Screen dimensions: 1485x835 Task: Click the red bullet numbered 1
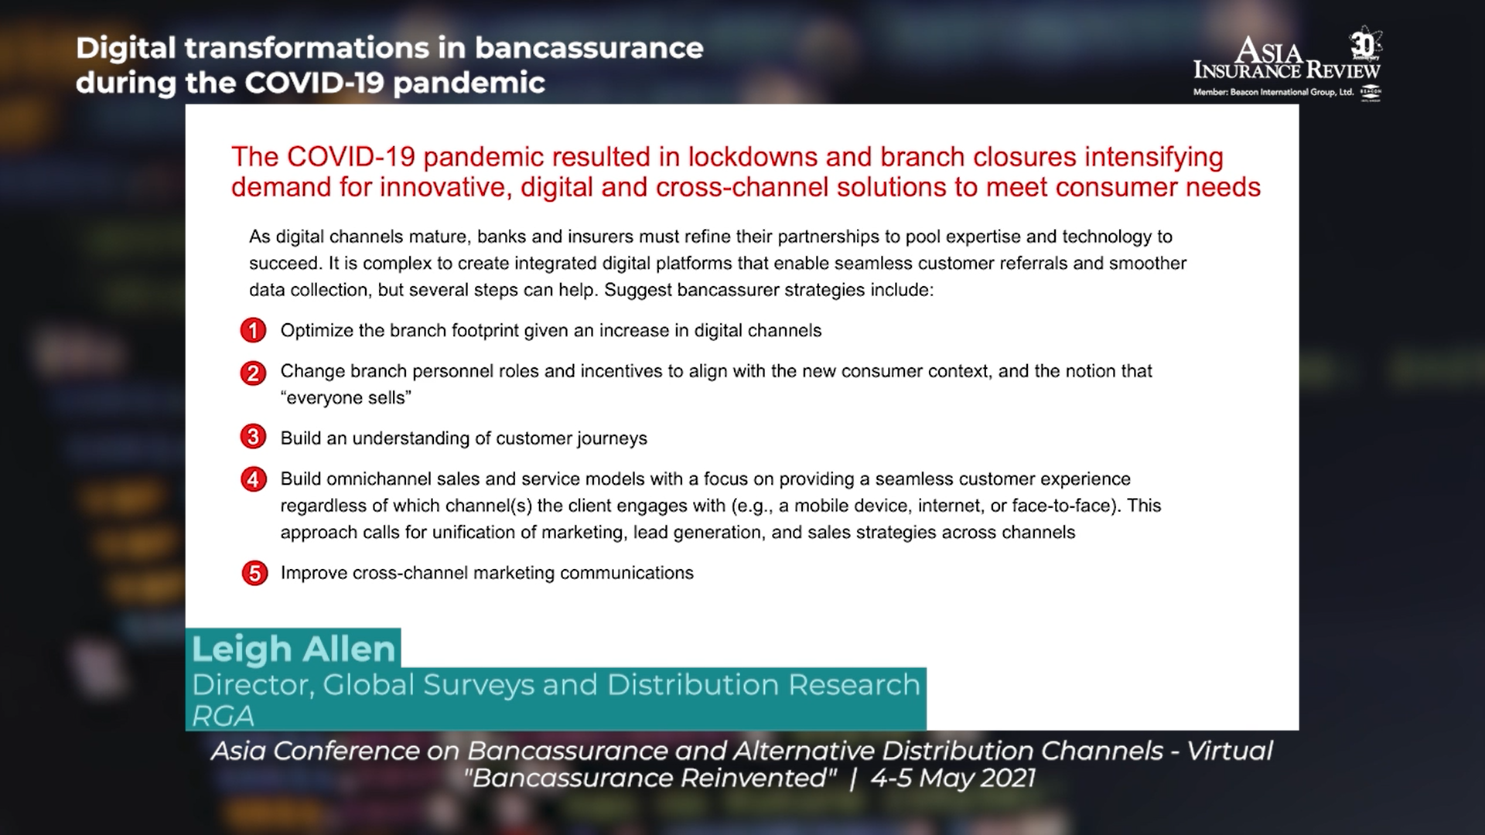pyautogui.click(x=253, y=331)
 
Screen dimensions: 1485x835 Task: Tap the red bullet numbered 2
pyautogui.click(x=253, y=373)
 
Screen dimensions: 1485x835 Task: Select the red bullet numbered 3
pyautogui.click(x=253, y=438)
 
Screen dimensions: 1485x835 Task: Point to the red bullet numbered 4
pyautogui.click(x=253, y=479)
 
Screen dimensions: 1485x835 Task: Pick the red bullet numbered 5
pyautogui.click(x=253, y=574)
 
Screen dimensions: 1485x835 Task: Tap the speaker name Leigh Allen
pyautogui.click(x=294, y=649)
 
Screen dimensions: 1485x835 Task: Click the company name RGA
pyautogui.click(x=223, y=716)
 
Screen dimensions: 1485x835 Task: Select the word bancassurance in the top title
pyautogui.click(x=589, y=48)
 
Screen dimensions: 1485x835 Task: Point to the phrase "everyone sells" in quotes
pyautogui.click(x=345, y=397)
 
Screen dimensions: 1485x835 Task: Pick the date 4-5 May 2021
pyautogui.click(x=953, y=778)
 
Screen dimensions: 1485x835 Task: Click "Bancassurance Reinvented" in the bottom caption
pyautogui.click(x=650, y=778)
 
